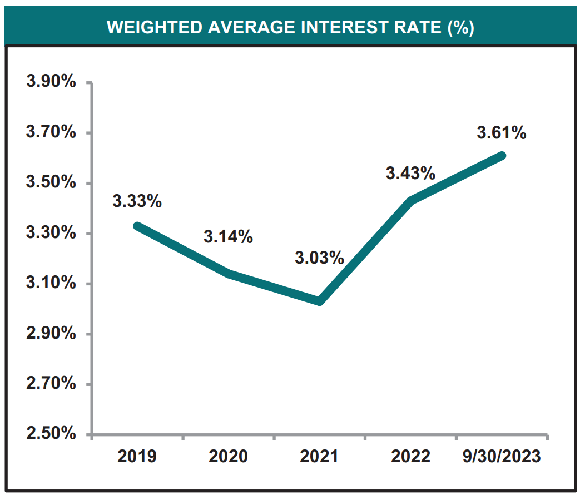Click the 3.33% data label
tap(137, 201)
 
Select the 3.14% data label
tap(228, 237)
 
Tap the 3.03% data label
tap(319, 258)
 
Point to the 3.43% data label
tap(410, 174)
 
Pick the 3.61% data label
tap(501, 133)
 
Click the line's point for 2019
tap(137, 226)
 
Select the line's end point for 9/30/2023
tap(502, 156)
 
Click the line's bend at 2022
tap(410, 201)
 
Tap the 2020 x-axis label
tap(228, 457)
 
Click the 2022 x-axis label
tap(410, 457)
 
